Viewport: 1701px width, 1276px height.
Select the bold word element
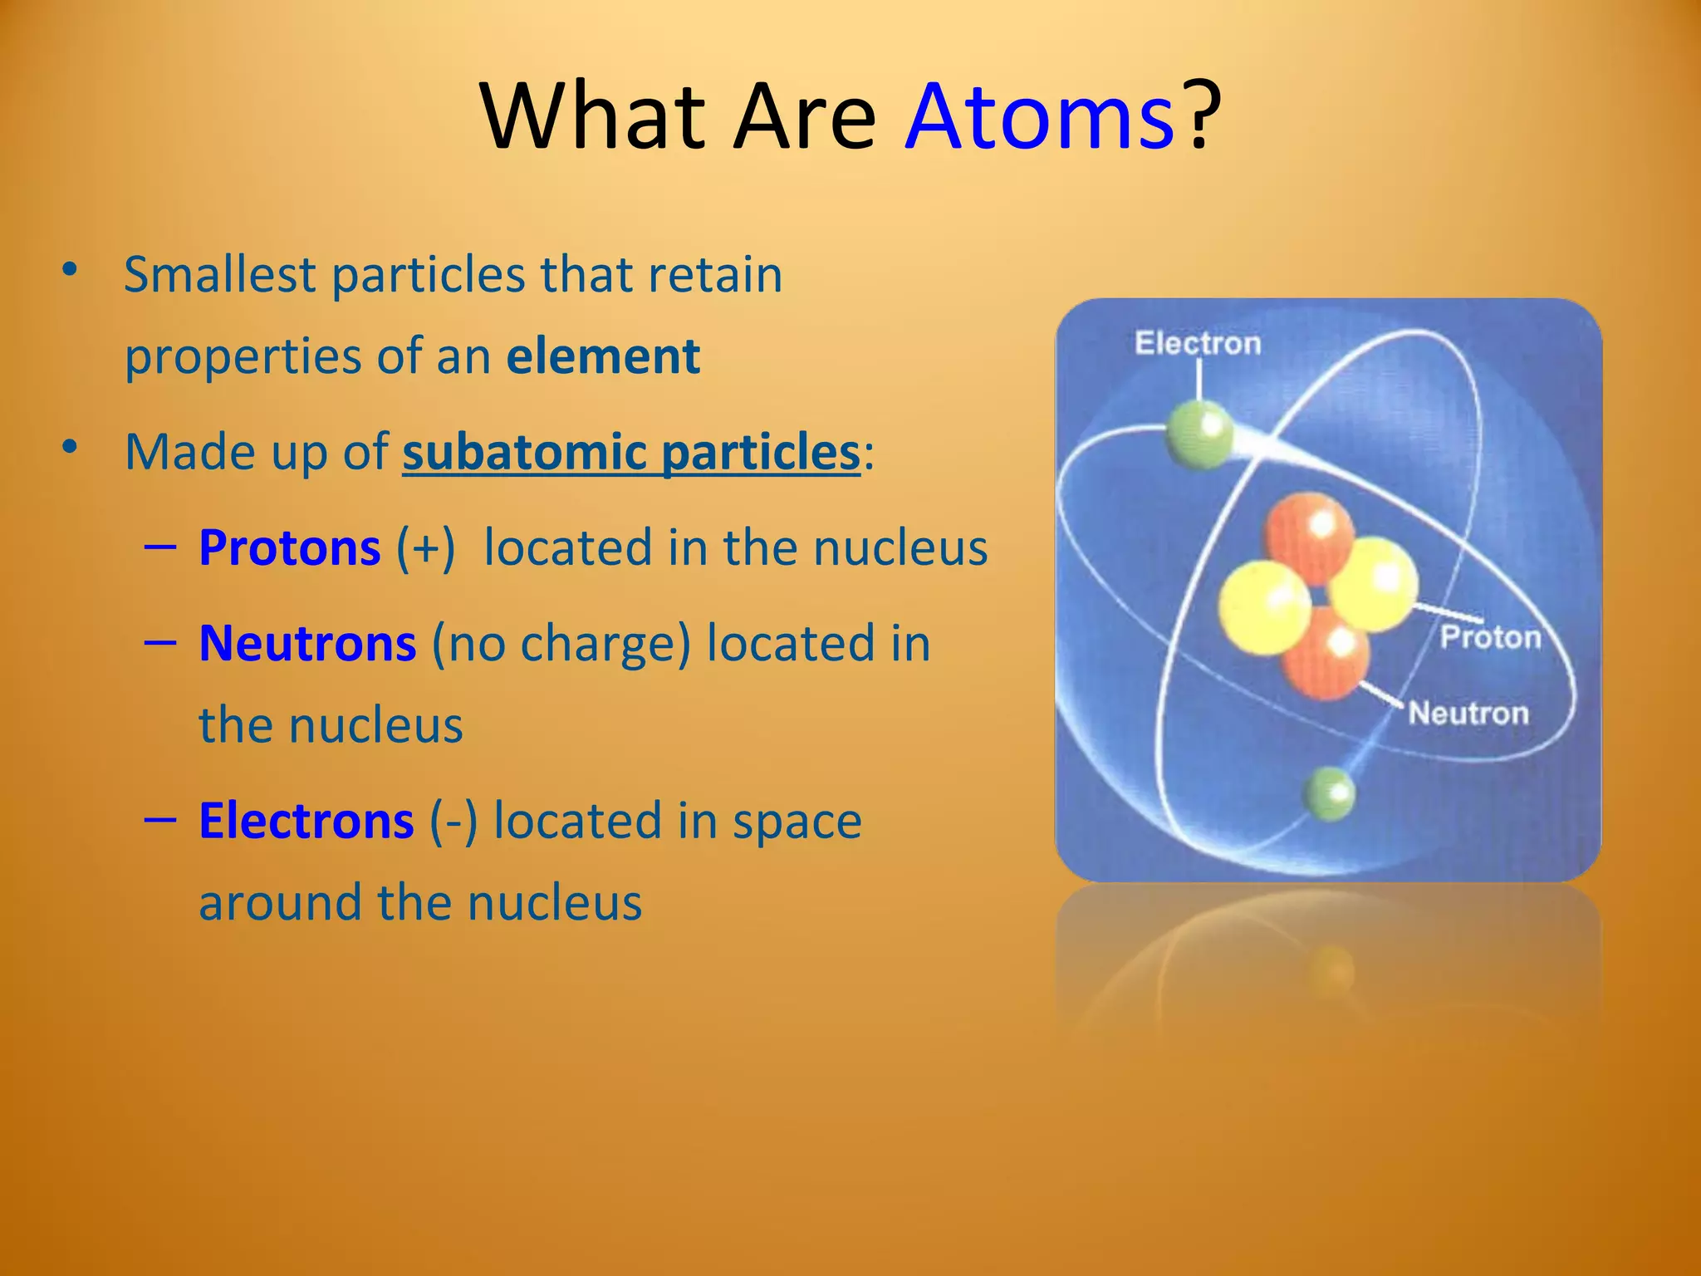(603, 357)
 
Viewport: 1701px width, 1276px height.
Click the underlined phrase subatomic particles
(631, 453)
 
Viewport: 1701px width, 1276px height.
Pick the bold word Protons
(290, 548)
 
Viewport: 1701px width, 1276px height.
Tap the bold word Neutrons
(307, 644)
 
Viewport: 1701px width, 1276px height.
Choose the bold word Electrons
(306, 821)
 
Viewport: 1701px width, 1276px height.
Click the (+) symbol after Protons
(426, 548)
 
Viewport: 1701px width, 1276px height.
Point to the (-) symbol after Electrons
(453, 821)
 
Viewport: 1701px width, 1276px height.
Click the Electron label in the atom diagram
(1197, 343)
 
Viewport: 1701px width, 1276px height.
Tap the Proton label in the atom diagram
(1490, 637)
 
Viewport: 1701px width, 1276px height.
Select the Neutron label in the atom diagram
(1468, 713)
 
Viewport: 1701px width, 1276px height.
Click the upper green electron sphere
(1199, 434)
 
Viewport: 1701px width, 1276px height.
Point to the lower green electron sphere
(1330, 793)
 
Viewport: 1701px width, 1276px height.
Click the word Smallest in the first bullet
(219, 275)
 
